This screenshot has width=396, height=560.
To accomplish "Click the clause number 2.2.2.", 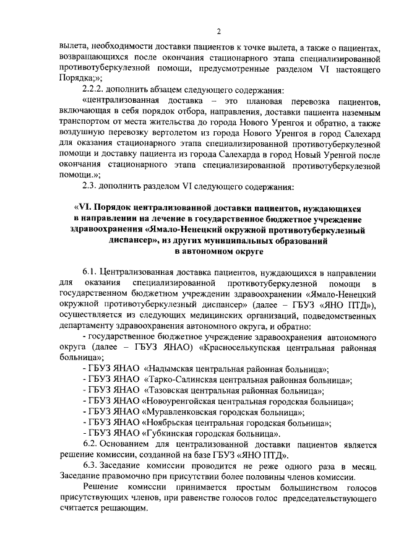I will click(94, 89).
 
